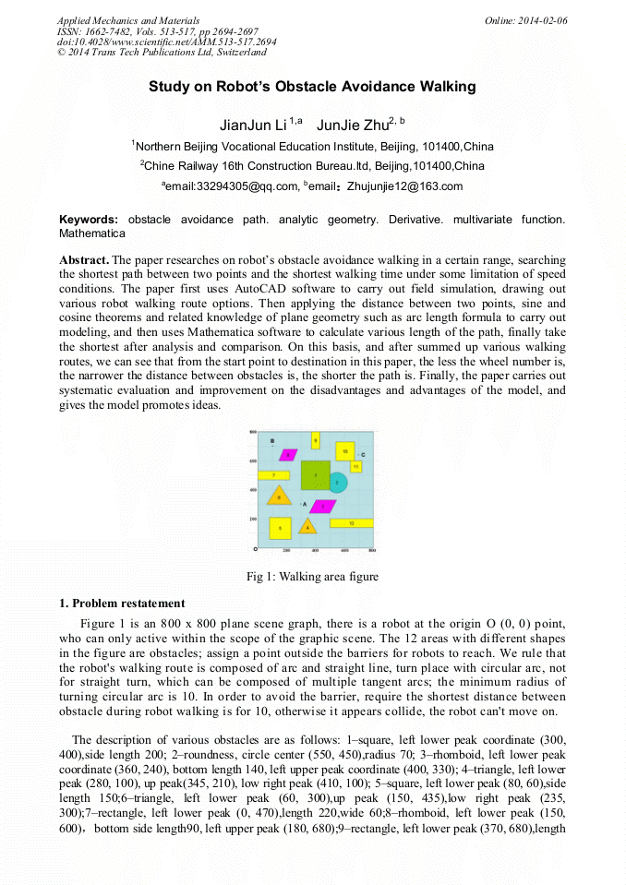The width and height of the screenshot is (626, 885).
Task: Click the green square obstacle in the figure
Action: pos(315,474)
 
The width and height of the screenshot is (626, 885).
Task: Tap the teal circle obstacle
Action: pos(338,482)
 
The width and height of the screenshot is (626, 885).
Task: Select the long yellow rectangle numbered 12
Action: pos(352,523)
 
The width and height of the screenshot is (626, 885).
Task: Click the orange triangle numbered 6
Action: pos(279,496)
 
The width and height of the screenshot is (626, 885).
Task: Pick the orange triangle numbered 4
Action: pos(307,527)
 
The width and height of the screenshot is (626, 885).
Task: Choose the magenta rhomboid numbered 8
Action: pos(289,454)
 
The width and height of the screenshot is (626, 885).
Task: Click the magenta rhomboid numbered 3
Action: pos(322,506)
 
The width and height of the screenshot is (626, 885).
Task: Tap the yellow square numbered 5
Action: pos(280,528)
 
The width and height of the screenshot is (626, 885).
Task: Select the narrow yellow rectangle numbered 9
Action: pos(316,440)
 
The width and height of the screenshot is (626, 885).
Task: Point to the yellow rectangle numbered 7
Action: pos(274,475)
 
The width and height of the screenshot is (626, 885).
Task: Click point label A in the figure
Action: pos(305,504)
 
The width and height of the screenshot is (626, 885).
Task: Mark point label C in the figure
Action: pos(363,455)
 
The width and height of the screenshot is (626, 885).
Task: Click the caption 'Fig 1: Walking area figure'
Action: pos(312,577)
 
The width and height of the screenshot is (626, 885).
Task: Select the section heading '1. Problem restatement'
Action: pos(122,604)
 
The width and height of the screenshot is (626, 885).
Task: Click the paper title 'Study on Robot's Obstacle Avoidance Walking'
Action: pos(312,87)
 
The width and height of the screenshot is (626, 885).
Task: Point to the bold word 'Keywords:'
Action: pos(89,220)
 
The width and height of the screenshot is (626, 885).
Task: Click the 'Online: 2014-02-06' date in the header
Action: pos(525,20)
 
